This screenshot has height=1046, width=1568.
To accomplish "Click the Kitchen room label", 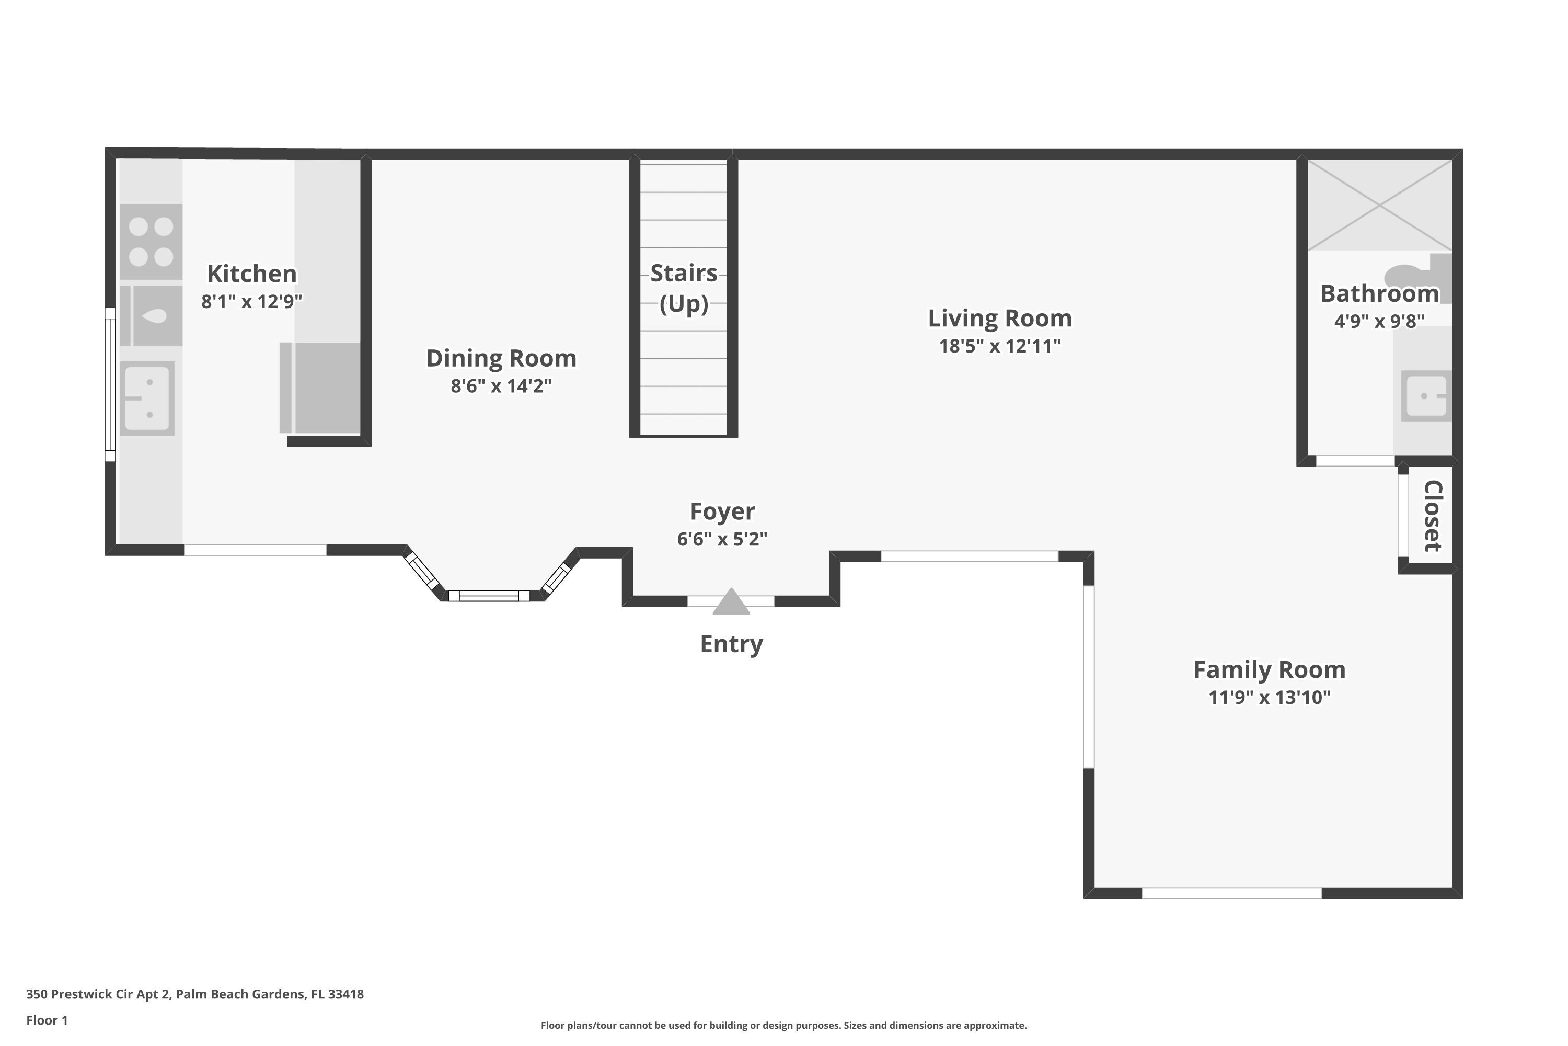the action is tap(252, 274).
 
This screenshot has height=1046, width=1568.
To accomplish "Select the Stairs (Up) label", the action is tap(684, 288).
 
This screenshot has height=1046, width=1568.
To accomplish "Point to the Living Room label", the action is tap(1000, 318).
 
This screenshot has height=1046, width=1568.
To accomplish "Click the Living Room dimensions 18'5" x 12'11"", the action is tap(1000, 346).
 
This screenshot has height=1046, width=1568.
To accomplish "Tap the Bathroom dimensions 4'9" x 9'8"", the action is tap(1379, 321).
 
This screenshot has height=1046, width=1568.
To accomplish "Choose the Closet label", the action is tap(1433, 516).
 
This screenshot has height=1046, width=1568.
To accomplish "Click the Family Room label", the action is tap(1270, 670).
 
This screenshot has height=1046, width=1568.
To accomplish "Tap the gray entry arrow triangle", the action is tap(731, 602).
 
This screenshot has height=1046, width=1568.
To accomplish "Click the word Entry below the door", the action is tap(731, 644).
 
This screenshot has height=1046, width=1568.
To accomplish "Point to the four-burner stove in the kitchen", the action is tap(151, 242).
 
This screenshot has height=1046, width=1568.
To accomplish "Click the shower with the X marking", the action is tap(1379, 206).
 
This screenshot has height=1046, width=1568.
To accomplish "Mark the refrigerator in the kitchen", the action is tap(320, 388).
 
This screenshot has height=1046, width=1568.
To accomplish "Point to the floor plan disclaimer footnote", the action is tap(783, 1025).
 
